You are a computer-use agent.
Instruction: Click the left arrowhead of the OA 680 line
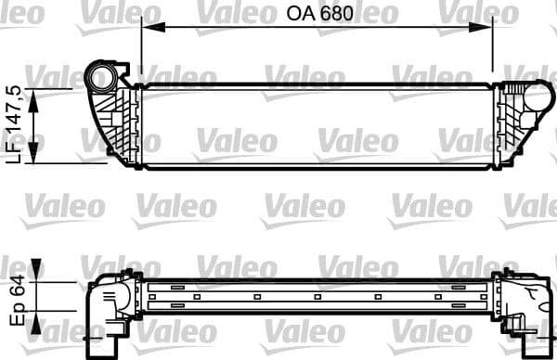click(147, 28)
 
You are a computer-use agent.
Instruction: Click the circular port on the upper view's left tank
click(99, 74)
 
